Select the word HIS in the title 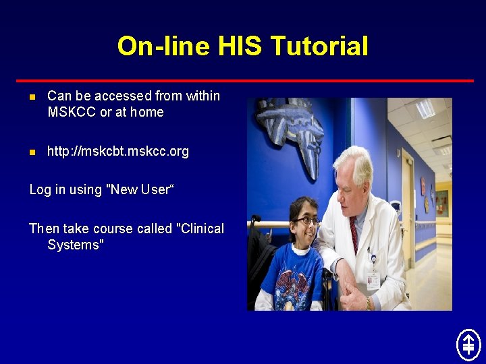point(240,47)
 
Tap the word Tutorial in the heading point(319,47)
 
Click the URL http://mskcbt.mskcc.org point(118,152)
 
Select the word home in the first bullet point(147,113)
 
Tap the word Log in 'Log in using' point(40,190)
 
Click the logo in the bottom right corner point(468,344)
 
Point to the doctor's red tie point(354,233)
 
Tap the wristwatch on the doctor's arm point(369,303)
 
